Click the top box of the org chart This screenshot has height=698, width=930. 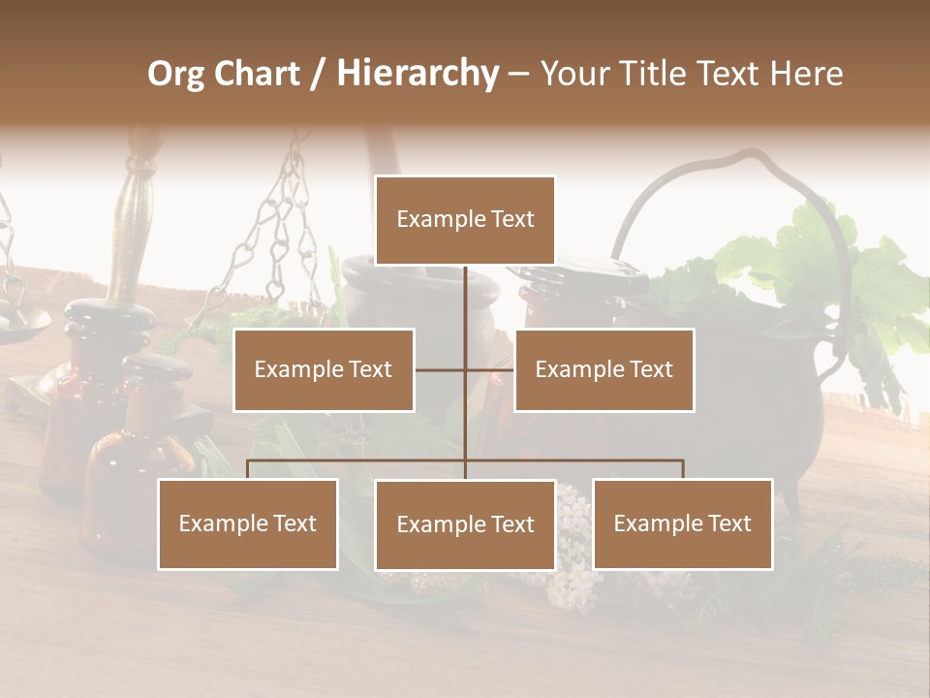(465, 220)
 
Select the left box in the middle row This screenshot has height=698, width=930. (324, 369)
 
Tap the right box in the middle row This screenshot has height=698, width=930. (604, 369)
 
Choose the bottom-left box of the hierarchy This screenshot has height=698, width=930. (247, 523)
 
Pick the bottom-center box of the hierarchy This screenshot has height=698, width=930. (465, 524)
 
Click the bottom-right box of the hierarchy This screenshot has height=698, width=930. (682, 523)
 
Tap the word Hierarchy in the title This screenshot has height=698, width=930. (418, 74)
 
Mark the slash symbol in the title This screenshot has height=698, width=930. (318, 74)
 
